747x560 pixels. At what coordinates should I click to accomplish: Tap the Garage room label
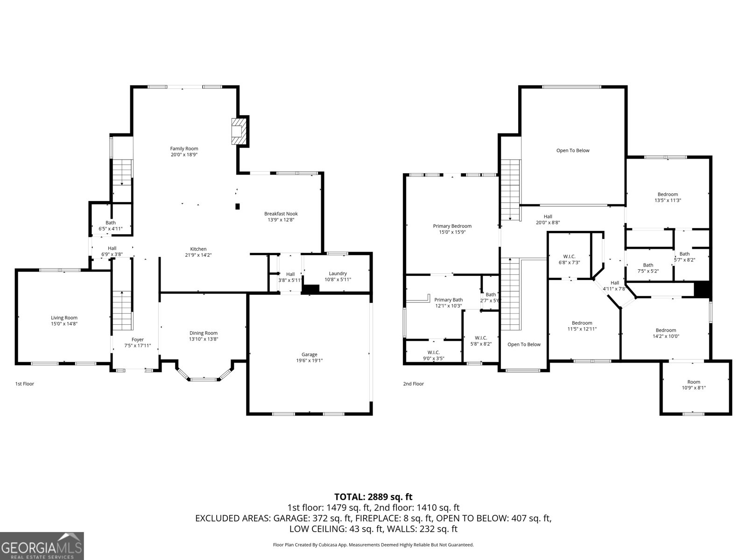coord(309,355)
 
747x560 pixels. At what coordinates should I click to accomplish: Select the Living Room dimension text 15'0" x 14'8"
coord(64,324)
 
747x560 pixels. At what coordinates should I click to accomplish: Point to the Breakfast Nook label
coord(281,214)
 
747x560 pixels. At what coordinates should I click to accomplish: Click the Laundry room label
coord(338,273)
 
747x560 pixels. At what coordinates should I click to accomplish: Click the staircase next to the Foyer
coord(122,310)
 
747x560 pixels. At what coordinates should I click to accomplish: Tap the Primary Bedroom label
coord(452,226)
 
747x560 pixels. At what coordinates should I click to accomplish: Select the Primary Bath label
coord(448,300)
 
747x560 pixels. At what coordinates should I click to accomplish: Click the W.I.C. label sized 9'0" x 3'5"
coord(433,352)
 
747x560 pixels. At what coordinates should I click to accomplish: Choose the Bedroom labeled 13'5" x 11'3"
coord(668,194)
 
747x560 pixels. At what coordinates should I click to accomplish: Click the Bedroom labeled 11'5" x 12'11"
coord(582,323)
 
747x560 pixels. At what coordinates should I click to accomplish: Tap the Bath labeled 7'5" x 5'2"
coord(648,265)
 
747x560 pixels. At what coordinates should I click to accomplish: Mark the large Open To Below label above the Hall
coord(572,150)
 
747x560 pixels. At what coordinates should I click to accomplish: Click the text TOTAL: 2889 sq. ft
coord(373,497)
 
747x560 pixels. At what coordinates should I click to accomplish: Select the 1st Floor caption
coord(25,384)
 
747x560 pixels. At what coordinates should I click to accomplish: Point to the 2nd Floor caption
coord(413,384)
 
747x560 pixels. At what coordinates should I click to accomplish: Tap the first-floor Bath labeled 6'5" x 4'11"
coord(110,223)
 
